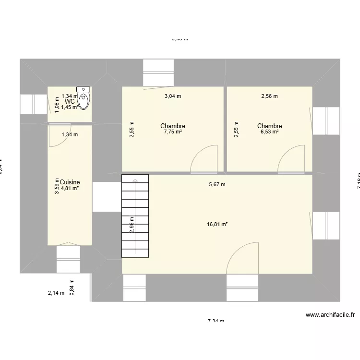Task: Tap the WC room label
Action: coord(70,101)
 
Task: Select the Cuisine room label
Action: coord(70,182)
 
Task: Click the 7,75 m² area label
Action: coord(173,132)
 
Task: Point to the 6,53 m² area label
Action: coord(269,132)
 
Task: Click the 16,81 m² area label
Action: coord(217,224)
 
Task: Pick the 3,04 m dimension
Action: coord(173,96)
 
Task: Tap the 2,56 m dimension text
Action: coord(269,96)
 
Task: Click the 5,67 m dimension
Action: coord(217,184)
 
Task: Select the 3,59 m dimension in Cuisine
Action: coord(57,186)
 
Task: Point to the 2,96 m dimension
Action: coord(132,225)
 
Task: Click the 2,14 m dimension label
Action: coord(56,293)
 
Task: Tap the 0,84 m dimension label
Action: coord(72,288)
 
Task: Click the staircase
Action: coord(136,216)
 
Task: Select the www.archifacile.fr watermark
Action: coord(330,315)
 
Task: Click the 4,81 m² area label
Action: coord(70,189)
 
